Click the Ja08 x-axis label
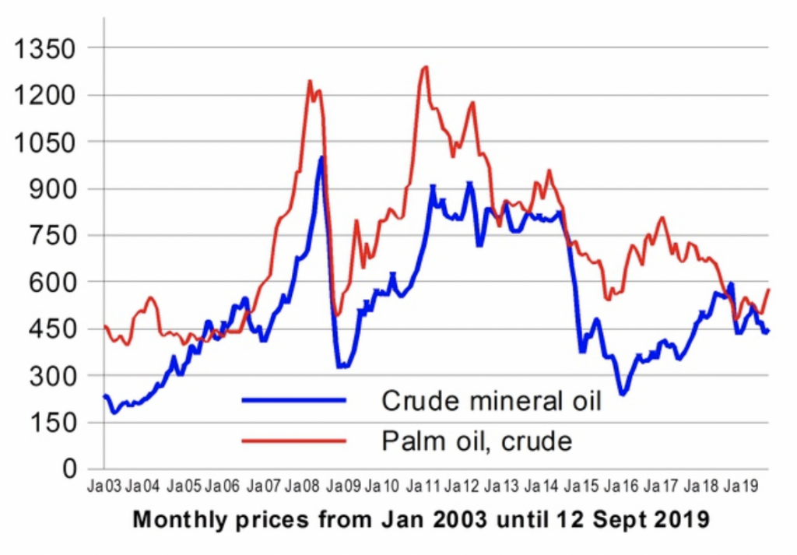(303, 488)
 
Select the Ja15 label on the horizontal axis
(581, 488)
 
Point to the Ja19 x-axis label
(739, 488)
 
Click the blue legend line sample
(294, 400)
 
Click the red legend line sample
(294, 441)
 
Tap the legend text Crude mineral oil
(491, 400)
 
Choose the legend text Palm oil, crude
(476, 441)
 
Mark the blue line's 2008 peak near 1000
(320, 157)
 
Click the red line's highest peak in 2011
(425, 67)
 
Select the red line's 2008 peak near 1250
(310, 81)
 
